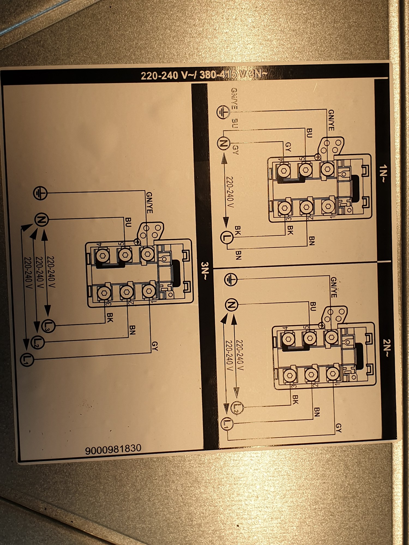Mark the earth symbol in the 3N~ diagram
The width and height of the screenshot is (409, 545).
pyautogui.click(x=40, y=193)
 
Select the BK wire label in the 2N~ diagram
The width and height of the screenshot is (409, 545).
pyautogui.click(x=295, y=399)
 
